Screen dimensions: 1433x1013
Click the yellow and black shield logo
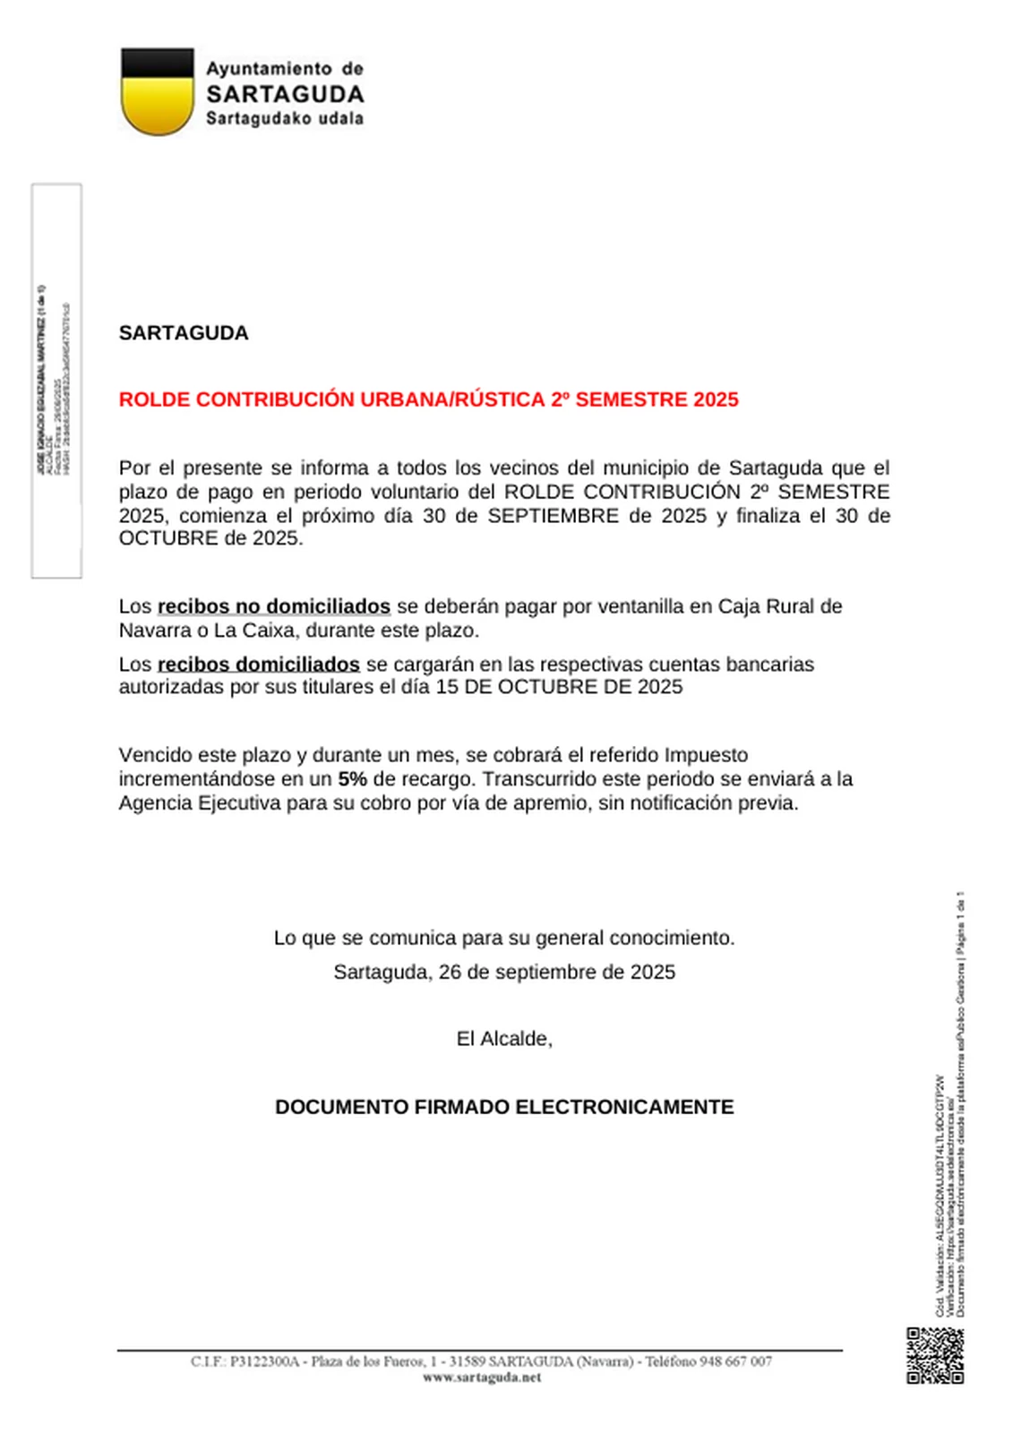pos(157,91)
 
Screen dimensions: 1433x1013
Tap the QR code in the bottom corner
pos(935,1355)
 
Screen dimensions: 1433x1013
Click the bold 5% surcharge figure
pos(352,779)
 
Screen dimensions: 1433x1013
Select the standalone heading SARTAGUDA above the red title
pos(184,333)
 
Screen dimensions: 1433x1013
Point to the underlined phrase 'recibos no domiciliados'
pos(273,606)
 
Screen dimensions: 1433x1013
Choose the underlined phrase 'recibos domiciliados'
pos(258,665)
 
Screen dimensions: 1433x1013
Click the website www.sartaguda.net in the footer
pos(482,1377)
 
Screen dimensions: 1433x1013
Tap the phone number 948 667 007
pos(735,1361)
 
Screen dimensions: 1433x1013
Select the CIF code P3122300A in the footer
pos(264,1361)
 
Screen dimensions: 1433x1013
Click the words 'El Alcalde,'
pos(504,1039)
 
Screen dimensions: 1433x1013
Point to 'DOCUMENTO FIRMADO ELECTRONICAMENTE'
pos(504,1107)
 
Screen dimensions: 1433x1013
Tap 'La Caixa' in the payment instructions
pos(254,631)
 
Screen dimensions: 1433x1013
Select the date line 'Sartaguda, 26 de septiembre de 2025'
pos(504,972)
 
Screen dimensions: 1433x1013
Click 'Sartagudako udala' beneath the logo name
pos(285,118)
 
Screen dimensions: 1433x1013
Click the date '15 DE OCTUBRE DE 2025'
pos(559,687)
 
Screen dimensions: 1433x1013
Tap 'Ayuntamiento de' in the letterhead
pos(285,69)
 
